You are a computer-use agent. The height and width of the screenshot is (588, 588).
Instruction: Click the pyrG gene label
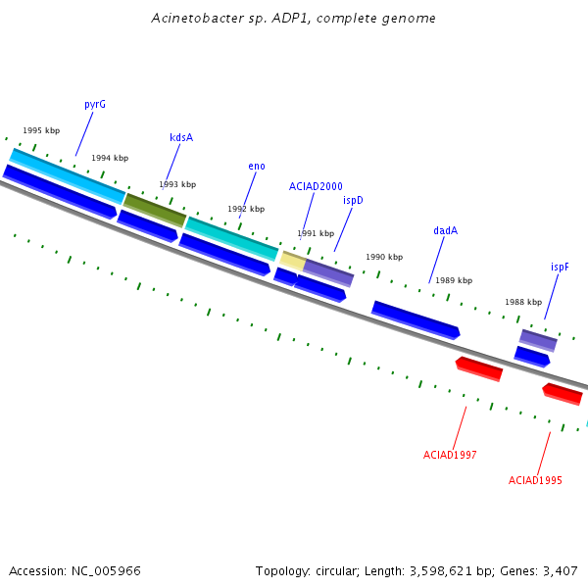(x=95, y=104)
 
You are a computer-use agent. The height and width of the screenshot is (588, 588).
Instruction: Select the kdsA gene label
(x=181, y=137)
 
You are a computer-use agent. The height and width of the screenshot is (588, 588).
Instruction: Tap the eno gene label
(x=257, y=167)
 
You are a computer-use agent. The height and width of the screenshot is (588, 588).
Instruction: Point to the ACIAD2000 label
(x=316, y=186)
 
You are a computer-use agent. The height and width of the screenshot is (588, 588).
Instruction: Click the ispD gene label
(x=353, y=201)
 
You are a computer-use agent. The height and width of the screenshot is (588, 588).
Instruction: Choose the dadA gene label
(x=446, y=230)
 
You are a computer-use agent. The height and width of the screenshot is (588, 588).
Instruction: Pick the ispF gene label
(x=560, y=267)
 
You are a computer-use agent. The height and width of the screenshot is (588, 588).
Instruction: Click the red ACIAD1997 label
(x=450, y=455)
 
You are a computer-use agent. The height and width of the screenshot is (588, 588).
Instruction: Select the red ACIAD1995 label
(x=535, y=480)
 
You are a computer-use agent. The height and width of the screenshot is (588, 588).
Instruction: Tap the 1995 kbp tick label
(x=41, y=130)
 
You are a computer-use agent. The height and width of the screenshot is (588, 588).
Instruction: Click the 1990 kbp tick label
(x=384, y=257)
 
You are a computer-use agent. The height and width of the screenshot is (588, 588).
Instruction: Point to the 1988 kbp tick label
(x=523, y=302)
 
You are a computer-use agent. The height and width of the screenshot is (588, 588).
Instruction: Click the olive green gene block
(x=155, y=211)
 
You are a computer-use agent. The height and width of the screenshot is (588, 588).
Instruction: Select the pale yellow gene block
(x=293, y=261)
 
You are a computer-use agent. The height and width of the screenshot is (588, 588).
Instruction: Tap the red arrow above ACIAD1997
(x=479, y=369)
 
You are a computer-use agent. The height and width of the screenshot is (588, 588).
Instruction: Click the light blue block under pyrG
(x=67, y=176)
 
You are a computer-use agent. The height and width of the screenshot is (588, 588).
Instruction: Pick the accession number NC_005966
(x=106, y=571)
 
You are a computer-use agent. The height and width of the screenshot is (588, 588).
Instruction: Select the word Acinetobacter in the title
(x=198, y=18)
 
